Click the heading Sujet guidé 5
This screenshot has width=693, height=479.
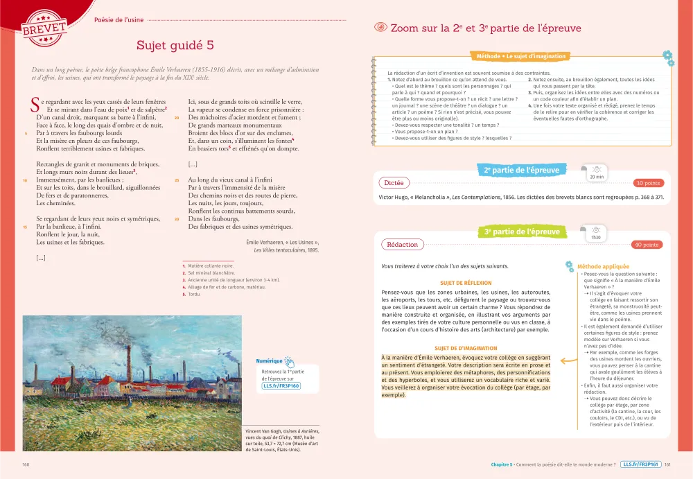pos(175,46)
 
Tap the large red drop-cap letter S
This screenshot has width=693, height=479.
pos(36,105)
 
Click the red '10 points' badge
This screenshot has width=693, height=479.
pos(647,183)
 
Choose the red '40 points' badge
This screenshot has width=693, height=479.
pos(646,245)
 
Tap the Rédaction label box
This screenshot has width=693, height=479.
pos(403,245)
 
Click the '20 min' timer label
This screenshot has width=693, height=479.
pos(595,177)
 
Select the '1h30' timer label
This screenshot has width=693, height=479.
pos(596,238)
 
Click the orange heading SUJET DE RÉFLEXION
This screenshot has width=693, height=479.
pos(466,283)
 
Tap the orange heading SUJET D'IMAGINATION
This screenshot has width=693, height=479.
pos(466,348)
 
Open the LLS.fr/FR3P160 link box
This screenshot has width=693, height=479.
pos(281,386)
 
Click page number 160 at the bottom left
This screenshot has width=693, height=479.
pos(26,464)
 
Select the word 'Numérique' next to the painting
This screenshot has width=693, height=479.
pos(269,361)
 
